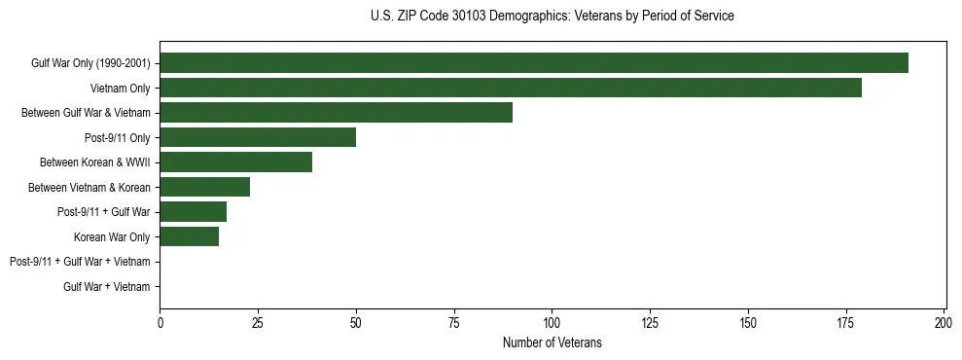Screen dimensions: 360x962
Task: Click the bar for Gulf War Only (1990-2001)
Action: (534, 63)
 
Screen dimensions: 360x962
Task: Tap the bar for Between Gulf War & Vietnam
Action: (336, 113)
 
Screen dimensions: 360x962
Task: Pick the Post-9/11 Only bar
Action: (258, 137)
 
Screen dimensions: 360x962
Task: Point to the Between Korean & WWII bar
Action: (236, 162)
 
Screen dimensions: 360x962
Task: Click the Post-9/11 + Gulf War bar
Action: (194, 212)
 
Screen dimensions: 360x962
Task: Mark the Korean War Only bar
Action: (190, 236)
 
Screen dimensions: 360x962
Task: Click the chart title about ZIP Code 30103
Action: (552, 17)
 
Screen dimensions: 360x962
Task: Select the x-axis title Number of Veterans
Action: (552, 342)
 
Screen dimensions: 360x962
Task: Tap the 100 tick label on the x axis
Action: (552, 321)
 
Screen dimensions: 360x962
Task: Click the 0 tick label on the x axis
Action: (160, 321)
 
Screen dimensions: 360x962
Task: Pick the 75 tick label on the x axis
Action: (454, 321)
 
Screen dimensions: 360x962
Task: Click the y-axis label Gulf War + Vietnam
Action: (107, 286)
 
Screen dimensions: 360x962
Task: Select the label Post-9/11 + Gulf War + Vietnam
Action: (80, 262)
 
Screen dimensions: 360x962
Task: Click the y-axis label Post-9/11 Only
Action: (118, 137)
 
